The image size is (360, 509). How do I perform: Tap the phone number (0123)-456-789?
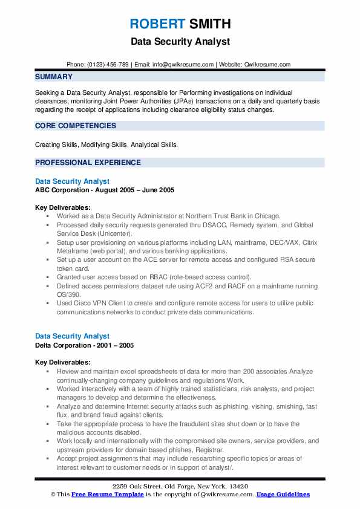tap(108, 64)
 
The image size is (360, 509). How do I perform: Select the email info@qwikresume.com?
tap(184, 64)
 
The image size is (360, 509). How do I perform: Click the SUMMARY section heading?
tap(54, 77)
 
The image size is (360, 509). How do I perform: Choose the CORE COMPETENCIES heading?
tap(76, 126)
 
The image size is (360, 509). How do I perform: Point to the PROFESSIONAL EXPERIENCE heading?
tap(88, 163)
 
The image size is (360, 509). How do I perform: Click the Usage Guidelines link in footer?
tap(283, 494)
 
